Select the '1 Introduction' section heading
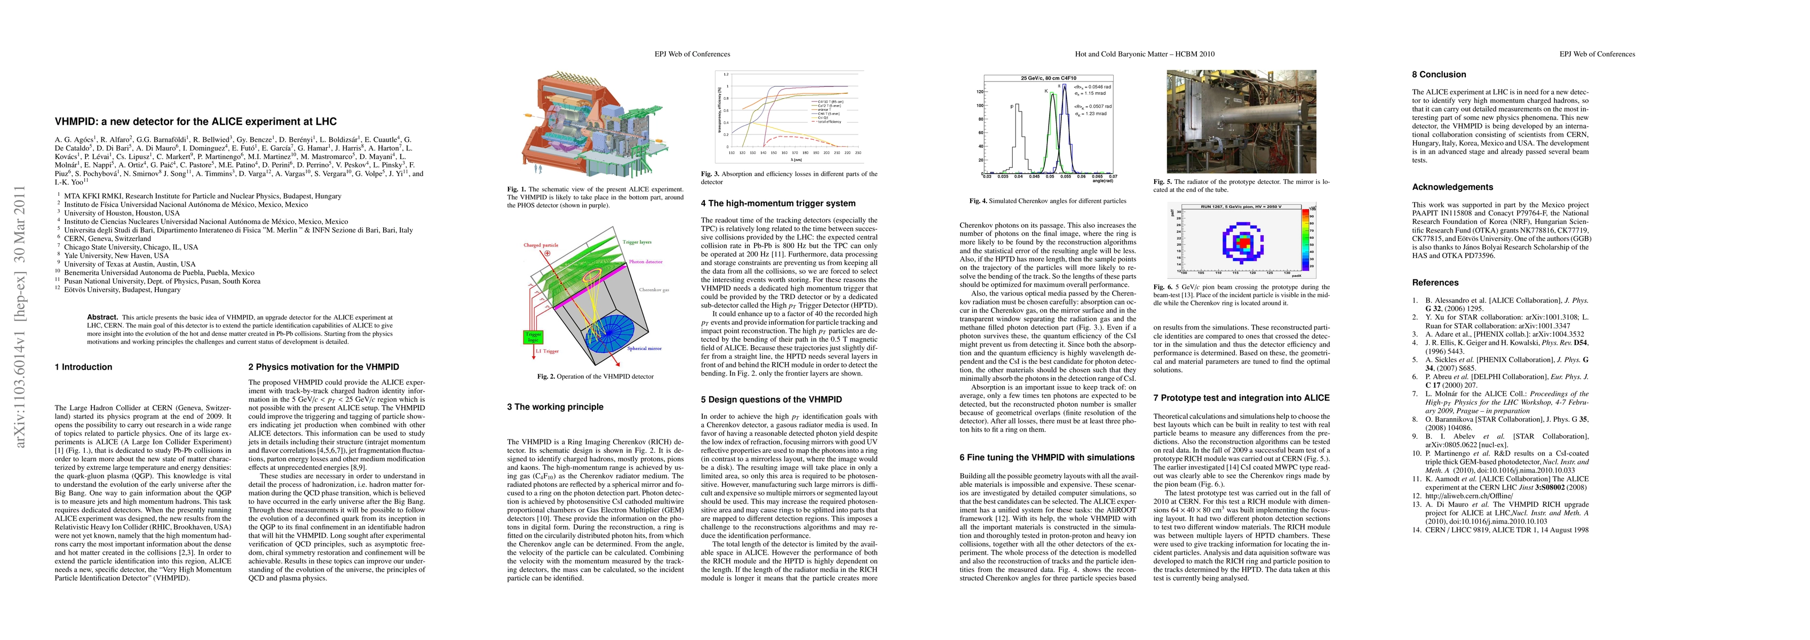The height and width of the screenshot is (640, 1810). point(84,367)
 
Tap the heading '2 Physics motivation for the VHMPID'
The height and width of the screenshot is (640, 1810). point(323,367)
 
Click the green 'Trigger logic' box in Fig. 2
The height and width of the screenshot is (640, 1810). point(533,337)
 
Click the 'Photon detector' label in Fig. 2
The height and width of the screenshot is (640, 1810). point(646,261)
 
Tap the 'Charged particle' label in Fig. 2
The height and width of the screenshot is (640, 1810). point(541,245)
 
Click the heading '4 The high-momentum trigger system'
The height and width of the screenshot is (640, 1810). point(778,203)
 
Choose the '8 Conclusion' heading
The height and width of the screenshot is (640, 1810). point(1439,75)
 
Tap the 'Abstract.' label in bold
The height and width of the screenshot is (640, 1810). point(102,317)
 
